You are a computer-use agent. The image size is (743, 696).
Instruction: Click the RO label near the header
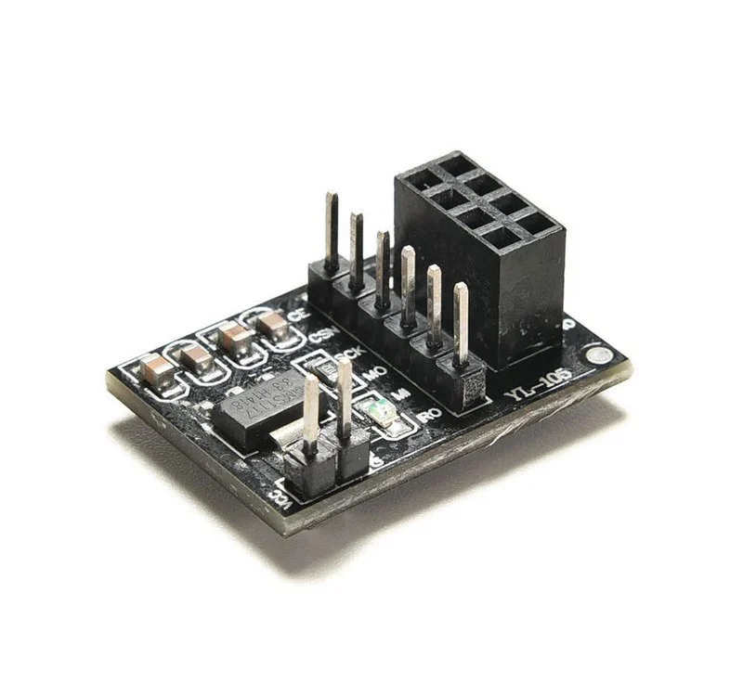tap(429, 415)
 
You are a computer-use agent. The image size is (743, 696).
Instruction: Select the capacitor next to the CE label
tap(272, 326)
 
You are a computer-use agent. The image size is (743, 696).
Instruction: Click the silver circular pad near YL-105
tap(599, 356)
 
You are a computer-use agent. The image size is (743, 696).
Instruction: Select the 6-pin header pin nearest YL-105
tap(461, 320)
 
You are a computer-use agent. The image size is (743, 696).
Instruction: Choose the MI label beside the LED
tap(402, 394)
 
